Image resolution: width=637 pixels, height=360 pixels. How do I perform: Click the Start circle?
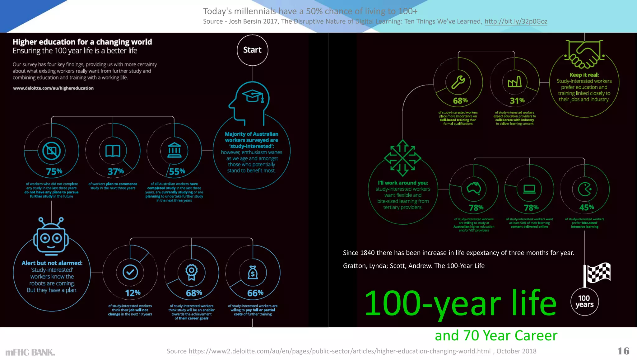(x=252, y=50)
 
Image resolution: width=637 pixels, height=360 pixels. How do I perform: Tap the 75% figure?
(x=54, y=171)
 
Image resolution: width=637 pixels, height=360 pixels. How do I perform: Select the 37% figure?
(x=116, y=171)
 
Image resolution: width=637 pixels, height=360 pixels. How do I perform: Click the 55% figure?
(x=177, y=171)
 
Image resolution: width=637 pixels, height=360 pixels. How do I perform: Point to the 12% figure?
(x=133, y=293)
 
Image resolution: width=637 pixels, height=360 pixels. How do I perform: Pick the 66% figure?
(x=255, y=293)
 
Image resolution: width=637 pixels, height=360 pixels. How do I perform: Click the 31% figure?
(x=517, y=101)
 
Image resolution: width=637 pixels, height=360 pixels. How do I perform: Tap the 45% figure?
(x=587, y=207)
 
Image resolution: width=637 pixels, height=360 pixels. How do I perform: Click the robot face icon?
(x=51, y=236)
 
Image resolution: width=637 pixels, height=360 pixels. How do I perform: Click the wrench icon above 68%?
(x=458, y=82)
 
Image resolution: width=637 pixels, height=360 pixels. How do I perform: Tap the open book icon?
(x=113, y=151)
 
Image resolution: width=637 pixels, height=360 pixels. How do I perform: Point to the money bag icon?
(x=253, y=273)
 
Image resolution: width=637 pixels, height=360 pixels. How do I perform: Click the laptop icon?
(x=529, y=189)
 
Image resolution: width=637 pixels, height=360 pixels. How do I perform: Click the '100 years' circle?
(x=584, y=302)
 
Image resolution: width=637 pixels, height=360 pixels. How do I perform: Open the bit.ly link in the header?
(x=516, y=21)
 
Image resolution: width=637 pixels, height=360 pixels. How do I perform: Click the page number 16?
(x=623, y=351)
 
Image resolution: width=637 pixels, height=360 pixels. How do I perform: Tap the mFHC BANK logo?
(x=30, y=352)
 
